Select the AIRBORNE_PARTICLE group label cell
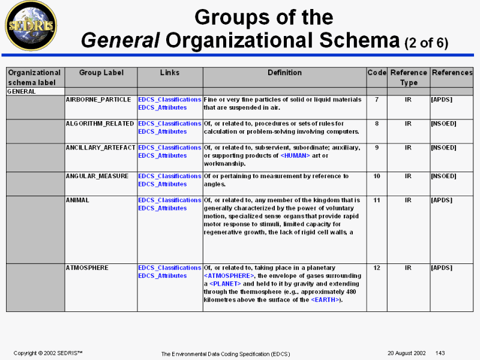click(x=98, y=100)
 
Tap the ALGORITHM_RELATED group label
click(x=99, y=124)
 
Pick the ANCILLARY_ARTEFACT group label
click(x=100, y=148)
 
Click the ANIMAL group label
click(x=77, y=200)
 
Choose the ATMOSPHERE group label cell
click(x=88, y=268)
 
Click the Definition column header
click(x=284, y=73)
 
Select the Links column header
click(x=170, y=73)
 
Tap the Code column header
click(x=377, y=73)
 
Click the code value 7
click(x=377, y=100)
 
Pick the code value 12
click(x=377, y=268)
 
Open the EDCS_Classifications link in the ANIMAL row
click(x=170, y=200)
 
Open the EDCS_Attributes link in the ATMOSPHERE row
click(x=163, y=276)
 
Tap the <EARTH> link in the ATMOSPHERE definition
click(x=325, y=300)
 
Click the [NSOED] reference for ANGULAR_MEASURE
click(x=443, y=176)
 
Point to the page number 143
click(x=440, y=352)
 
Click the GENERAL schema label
click(x=21, y=92)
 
